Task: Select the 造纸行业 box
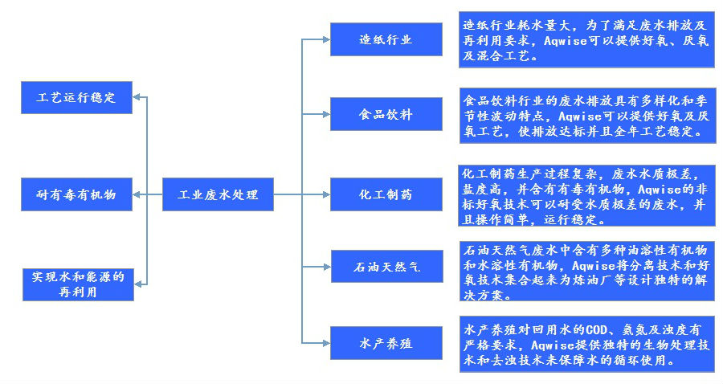386,39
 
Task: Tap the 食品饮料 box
386,114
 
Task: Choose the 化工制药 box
386,194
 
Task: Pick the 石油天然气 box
386,266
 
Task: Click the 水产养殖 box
386,343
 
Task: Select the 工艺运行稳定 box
76,98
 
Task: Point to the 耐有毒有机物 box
76,194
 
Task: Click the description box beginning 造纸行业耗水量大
586,39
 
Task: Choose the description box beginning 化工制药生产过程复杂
586,196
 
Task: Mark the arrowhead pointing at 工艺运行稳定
137,98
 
